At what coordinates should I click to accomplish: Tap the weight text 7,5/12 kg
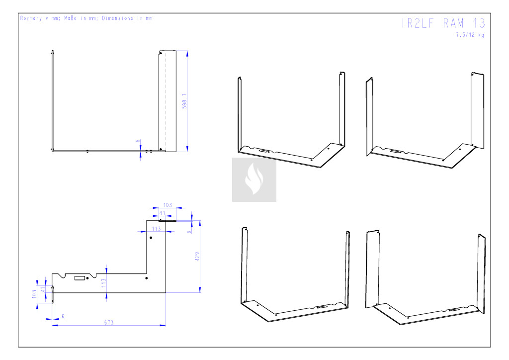pyautogui.click(x=470, y=35)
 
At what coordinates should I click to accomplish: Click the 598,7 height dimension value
pyautogui.click(x=184, y=101)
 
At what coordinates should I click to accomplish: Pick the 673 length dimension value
pyautogui.click(x=109, y=322)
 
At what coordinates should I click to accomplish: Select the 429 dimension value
pyautogui.click(x=197, y=257)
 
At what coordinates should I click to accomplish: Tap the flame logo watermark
pyautogui.click(x=254, y=180)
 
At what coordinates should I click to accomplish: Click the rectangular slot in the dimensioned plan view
pyautogui.click(x=80, y=278)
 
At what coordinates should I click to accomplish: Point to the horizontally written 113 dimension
pyautogui.click(x=156, y=229)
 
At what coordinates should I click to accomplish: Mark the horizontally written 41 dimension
pyautogui.click(x=162, y=213)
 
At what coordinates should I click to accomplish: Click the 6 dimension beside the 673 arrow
pyautogui.click(x=63, y=316)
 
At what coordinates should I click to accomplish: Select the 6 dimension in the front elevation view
pyautogui.click(x=137, y=141)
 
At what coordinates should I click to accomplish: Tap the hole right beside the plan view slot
pyautogui.click(x=87, y=278)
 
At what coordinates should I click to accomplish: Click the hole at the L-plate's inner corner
pyautogui.click(x=146, y=278)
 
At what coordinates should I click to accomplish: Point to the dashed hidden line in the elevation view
pyautogui.click(x=166, y=99)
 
